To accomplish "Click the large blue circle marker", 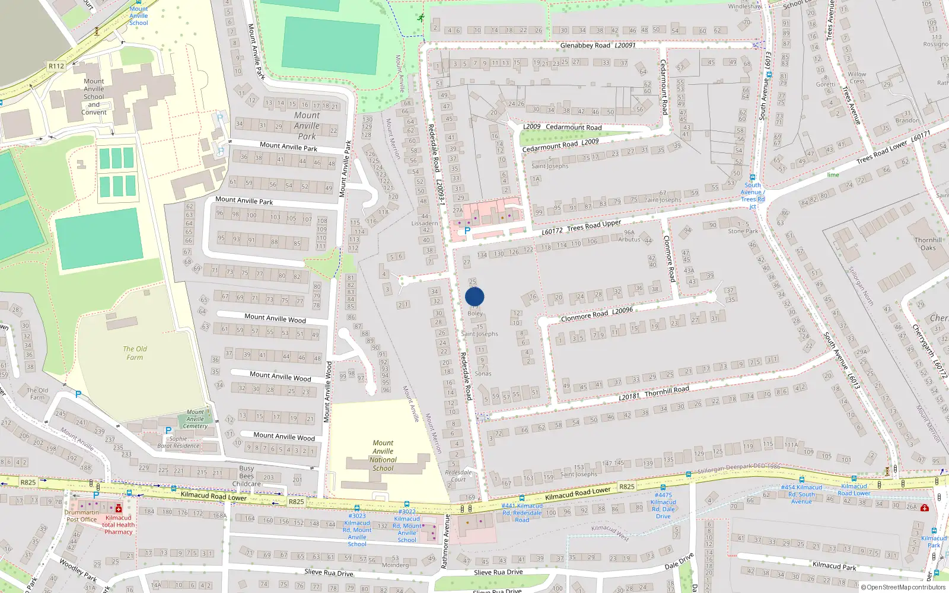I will pos(474,296).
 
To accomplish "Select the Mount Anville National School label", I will pos(383,455).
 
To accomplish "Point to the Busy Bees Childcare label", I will pos(247,476).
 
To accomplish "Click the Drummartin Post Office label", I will pos(82,516).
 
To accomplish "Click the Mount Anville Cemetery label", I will pos(195,419).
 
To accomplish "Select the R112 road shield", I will pos(56,66).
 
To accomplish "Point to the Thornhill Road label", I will pos(667,391).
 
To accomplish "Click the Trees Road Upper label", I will pos(594,226).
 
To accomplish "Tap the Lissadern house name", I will pos(425,224).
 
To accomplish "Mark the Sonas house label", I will pos(483,374).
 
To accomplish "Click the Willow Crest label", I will pos(856,78).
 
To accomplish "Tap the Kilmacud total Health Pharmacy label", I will pos(119,525).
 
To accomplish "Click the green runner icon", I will pos(421,18).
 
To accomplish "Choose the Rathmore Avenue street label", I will pos(447,542).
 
